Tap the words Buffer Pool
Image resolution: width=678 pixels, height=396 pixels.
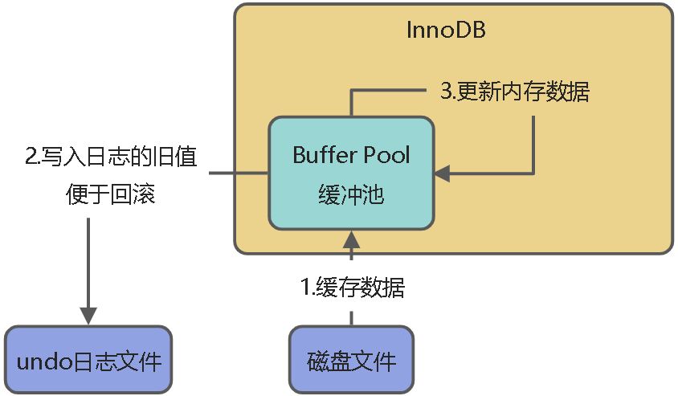[350, 155]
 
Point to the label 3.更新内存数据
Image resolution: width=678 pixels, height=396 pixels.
[514, 92]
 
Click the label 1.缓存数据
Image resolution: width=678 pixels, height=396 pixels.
[352, 288]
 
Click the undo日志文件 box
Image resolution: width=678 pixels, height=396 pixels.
[88, 360]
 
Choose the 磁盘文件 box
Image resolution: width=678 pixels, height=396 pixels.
[351, 360]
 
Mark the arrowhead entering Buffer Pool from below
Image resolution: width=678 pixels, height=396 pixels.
[351, 239]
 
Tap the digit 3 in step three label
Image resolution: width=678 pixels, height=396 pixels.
[446, 92]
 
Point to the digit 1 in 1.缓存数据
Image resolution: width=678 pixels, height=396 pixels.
[304, 288]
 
